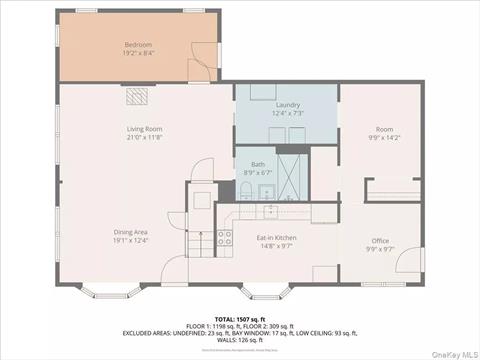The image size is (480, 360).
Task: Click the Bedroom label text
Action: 137,45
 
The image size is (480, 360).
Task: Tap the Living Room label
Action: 144,128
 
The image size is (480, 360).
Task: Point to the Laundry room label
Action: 288,104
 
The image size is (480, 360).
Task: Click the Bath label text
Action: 258,164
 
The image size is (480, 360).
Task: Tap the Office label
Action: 380,240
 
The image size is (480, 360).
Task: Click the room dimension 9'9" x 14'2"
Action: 384,138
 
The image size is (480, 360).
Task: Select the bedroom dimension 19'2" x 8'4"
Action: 137,54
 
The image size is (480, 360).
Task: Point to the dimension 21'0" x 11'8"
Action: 144,137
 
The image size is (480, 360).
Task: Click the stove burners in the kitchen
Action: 225,238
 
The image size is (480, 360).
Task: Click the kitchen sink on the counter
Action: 270,211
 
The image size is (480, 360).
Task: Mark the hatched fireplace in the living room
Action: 136,96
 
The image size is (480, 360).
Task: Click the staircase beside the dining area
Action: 201,243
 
